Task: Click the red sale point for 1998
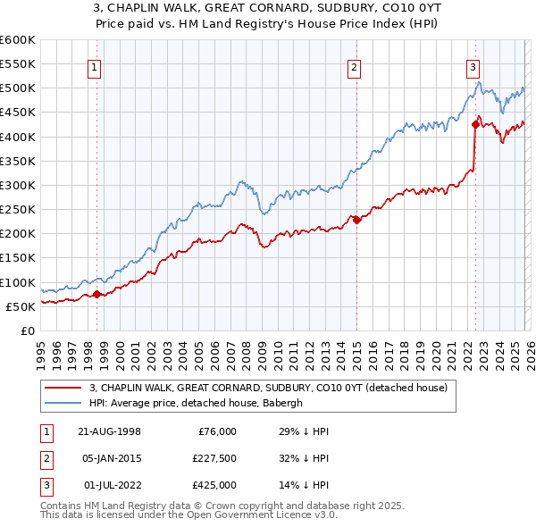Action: (96, 294)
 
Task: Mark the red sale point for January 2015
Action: (356, 220)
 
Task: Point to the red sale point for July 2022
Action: (475, 124)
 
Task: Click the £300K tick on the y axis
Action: (18, 185)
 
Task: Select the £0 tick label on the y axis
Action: (27, 330)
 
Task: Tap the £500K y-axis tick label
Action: (18, 88)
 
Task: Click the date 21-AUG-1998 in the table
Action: (111, 431)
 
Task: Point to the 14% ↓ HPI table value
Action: (305, 485)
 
